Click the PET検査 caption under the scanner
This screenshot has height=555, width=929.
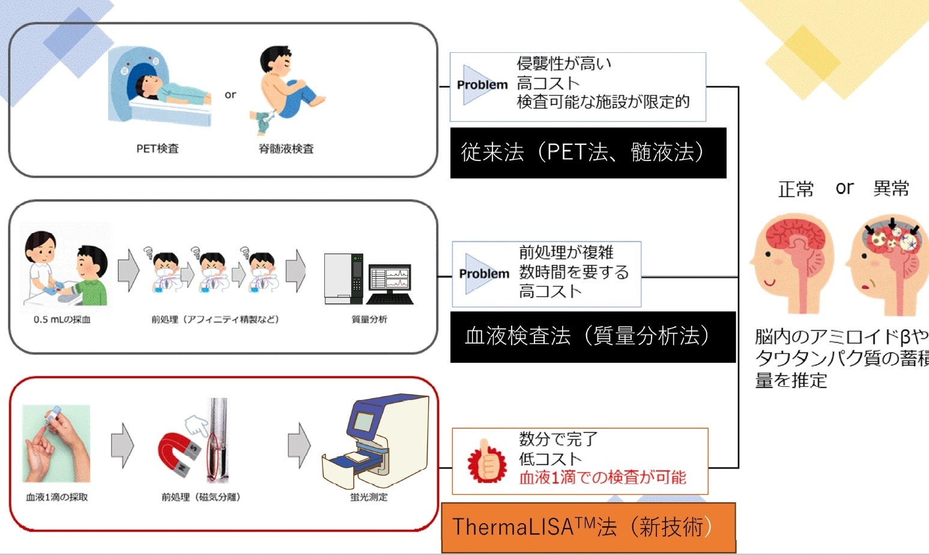tap(157, 148)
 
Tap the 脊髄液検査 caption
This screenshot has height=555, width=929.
tap(286, 148)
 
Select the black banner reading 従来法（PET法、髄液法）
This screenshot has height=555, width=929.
tap(588, 153)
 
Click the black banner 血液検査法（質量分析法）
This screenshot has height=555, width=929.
tap(593, 337)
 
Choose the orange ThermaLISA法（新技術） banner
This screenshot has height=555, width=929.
tap(589, 527)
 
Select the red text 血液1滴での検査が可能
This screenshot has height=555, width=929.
tap(602, 478)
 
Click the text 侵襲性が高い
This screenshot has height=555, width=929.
tap(564, 64)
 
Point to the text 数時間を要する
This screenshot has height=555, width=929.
tap(574, 272)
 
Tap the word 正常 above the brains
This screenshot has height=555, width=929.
tap(796, 189)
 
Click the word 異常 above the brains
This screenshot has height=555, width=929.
tap(891, 189)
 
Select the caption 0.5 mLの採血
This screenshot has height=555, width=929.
tap(62, 320)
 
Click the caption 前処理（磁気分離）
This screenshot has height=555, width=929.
tap(201, 497)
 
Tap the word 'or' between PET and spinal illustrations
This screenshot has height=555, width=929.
tap(230, 95)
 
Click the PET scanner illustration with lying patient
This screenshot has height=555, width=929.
tap(160, 86)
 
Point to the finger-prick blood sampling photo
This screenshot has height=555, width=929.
tap(56, 443)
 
